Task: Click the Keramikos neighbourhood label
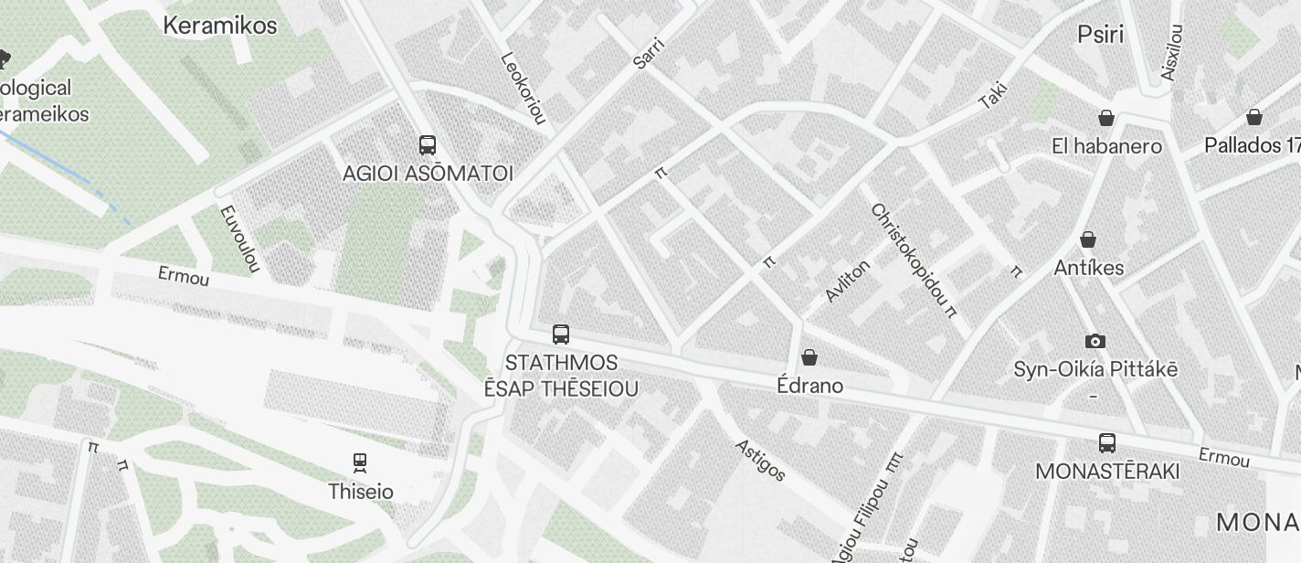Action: point(219,26)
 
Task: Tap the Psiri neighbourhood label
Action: point(1100,35)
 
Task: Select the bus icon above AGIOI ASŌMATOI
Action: point(427,144)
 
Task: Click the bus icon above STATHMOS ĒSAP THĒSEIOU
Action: point(561,335)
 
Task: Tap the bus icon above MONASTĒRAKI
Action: point(1107,443)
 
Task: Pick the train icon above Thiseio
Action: point(360,463)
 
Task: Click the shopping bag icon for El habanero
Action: point(1106,118)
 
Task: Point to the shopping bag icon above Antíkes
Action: point(1088,239)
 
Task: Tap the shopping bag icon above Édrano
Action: point(809,356)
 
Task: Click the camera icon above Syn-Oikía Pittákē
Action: point(1095,342)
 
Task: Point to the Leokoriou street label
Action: point(524,87)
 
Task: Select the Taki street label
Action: point(993,96)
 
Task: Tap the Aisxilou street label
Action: point(1171,52)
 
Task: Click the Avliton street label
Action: point(847,280)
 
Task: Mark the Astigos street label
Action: point(761,459)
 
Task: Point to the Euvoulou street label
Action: point(240,238)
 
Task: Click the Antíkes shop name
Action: point(1089,268)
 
